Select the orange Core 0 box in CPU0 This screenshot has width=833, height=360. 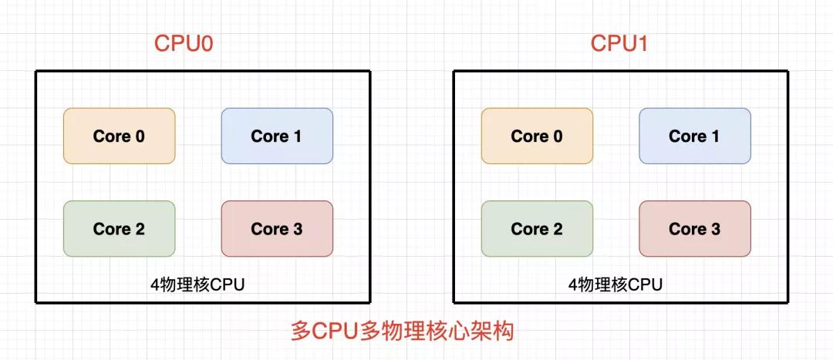[x=119, y=136]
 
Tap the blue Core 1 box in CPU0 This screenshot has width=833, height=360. [x=277, y=136]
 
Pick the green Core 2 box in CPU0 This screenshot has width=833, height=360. [x=119, y=228]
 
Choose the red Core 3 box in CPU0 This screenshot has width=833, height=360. [x=277, y=228]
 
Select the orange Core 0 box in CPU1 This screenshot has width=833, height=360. [x=537, y=136]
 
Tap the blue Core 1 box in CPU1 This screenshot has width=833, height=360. [x=695, y=136]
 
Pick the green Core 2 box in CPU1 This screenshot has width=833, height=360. [x=537, y=228]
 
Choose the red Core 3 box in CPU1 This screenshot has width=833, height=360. [x=695, y=228]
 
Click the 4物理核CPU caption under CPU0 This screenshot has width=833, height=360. [x=197, y=285]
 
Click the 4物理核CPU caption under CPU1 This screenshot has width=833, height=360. [x=615, y=285]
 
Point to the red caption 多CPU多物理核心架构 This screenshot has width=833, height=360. [x=403, y=331]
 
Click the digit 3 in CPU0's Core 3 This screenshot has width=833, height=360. [x=298, y=229]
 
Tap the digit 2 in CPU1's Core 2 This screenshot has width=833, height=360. [x=558, y=229]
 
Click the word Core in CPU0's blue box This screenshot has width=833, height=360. [x=270, y=136]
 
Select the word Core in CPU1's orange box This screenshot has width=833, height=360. [x=530, y=136]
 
